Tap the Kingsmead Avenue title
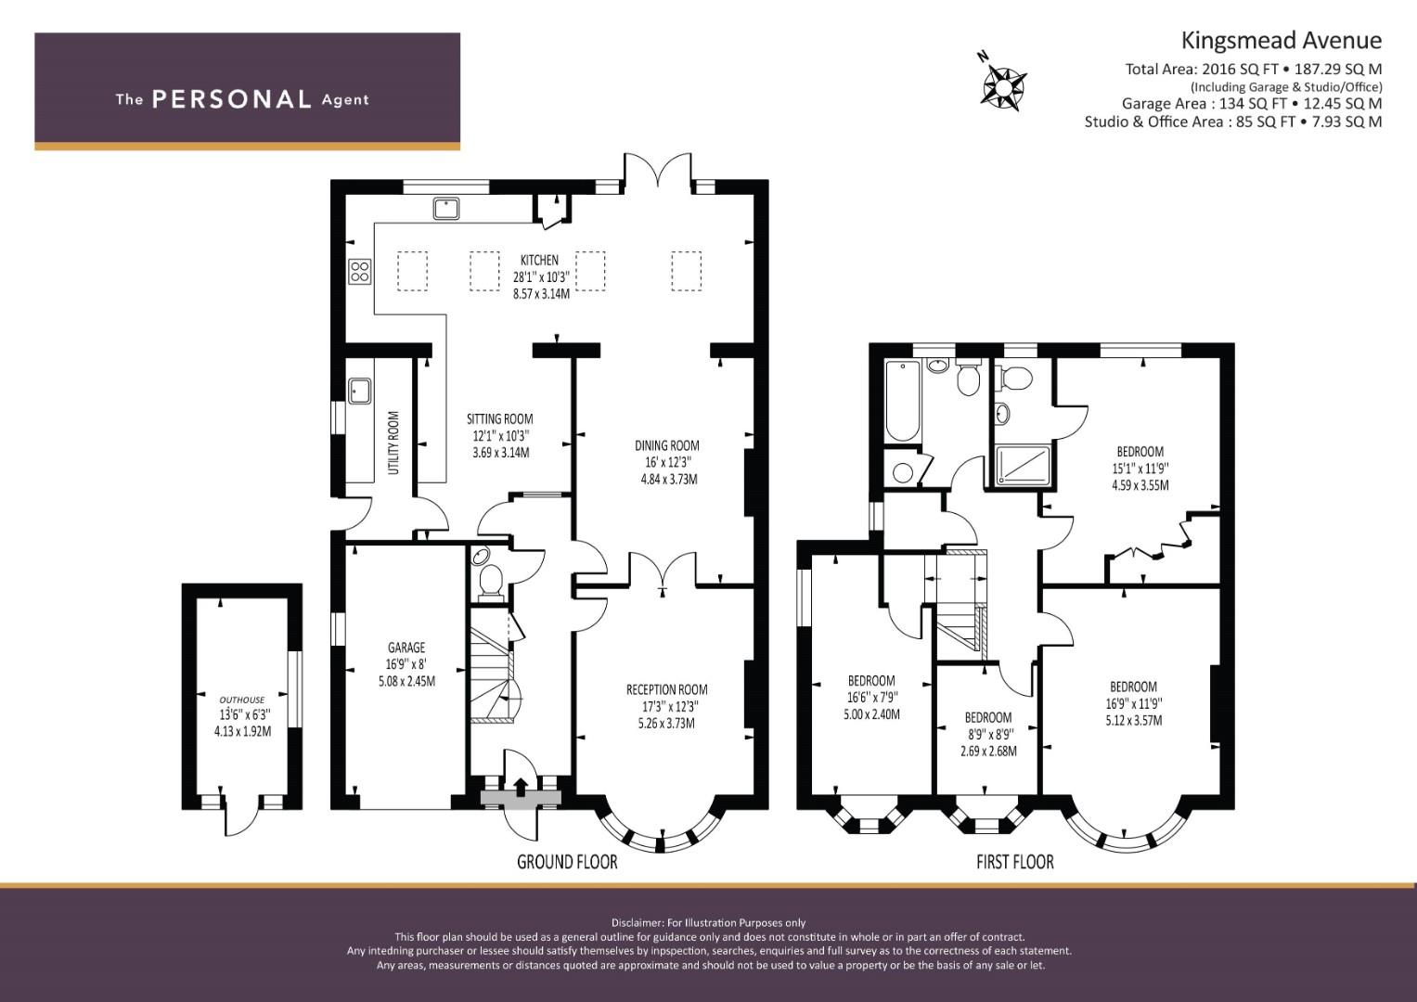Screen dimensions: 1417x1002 coord(1282,41)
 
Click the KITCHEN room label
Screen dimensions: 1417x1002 coord(539,260)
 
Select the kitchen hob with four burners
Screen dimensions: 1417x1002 coord(359,271)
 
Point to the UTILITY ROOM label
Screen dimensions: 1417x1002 coord(393,443)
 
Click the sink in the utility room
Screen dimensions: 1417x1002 coord(359,391)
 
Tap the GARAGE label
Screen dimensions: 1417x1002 coord(406,648)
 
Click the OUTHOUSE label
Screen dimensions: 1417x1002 coord(242,700)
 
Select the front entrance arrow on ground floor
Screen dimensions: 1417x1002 coord(521,788)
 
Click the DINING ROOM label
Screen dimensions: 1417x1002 coord(667,445)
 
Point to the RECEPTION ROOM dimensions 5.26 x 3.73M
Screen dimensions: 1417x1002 coord(667,723)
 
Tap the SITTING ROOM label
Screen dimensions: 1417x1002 coord(500,418)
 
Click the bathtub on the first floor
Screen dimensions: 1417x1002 coord(902,401)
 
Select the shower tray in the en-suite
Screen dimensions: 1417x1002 coord(1024,466)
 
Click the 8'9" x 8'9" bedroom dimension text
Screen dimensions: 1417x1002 coord(988,735)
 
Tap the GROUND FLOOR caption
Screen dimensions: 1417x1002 coord(567,862)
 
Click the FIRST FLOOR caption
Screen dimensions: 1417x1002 coord(1015,862)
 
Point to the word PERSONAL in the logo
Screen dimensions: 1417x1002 coord(232,99)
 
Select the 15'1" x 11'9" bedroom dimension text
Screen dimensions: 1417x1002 coord(1140,469)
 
